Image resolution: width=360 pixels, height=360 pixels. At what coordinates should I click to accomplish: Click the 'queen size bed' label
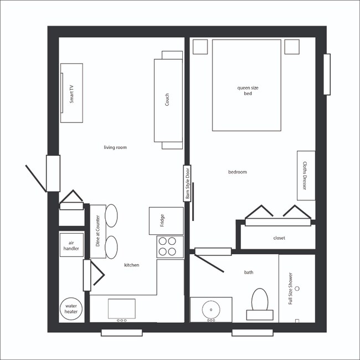coord(248,91)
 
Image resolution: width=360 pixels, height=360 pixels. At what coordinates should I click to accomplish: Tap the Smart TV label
coord(71,94)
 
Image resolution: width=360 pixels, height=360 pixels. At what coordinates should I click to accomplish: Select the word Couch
coord(167,100)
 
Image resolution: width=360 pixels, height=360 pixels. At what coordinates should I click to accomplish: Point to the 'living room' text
coord(115,147)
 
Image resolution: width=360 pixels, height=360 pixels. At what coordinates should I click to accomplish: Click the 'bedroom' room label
coord(238,172)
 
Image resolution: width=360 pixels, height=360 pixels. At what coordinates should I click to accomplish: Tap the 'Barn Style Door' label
coord(187,183)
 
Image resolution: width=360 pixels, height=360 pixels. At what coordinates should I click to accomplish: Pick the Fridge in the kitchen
coord(166,221)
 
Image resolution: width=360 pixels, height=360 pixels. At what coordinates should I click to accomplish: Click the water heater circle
coord(71,309)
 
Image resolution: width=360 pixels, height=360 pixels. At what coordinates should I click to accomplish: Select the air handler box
coord(71,245)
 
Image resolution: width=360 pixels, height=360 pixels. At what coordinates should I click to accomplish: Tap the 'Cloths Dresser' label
coord(305,176)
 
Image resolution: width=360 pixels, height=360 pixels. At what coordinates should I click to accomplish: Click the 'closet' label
coord(279,238)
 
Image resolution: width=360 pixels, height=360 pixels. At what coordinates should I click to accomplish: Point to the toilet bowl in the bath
coord(260,300)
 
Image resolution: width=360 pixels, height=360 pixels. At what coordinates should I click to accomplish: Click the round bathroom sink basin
coord(211,310)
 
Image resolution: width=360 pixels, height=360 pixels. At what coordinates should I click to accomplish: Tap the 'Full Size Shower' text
coord(290,289)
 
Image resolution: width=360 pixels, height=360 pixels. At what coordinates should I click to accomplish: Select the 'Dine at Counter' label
coord(98,231)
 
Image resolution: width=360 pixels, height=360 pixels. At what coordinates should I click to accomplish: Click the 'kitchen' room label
coord(132,265)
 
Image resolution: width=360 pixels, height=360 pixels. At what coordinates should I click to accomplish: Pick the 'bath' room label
coord(249,272)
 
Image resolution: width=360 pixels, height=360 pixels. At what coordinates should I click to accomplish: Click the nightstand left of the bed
coord(200,47)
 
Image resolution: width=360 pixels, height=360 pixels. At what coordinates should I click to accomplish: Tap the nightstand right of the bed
coord(292,47)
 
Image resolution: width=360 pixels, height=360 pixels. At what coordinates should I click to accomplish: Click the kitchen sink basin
coord(122,308)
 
